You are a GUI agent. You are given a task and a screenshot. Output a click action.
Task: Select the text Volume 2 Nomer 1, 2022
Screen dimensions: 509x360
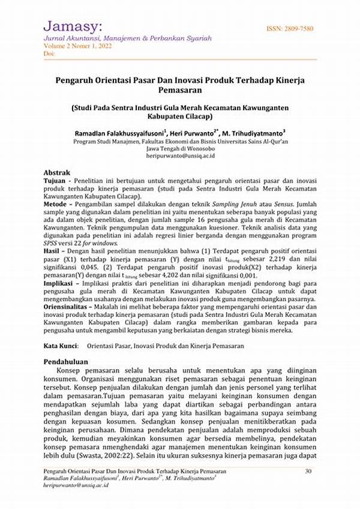point(76,46)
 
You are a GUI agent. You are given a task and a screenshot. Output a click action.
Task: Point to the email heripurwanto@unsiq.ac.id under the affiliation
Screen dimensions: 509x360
point(181,155)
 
